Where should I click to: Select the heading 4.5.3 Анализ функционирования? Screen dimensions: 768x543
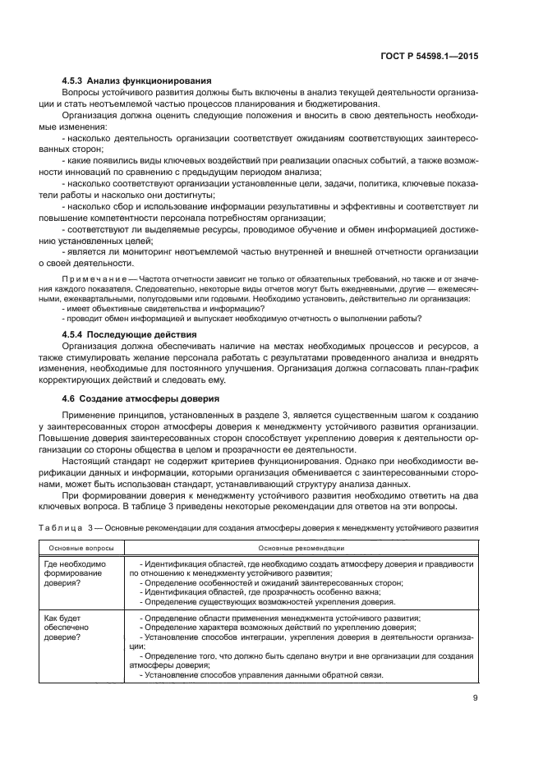(x=137, y=80)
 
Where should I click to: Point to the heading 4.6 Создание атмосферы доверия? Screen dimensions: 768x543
(x=145, y=398)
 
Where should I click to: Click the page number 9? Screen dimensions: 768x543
(x=476, y=699)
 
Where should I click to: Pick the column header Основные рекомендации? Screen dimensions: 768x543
(x=301, y=548)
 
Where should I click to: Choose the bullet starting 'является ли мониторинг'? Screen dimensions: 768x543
(x=271, y=251)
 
